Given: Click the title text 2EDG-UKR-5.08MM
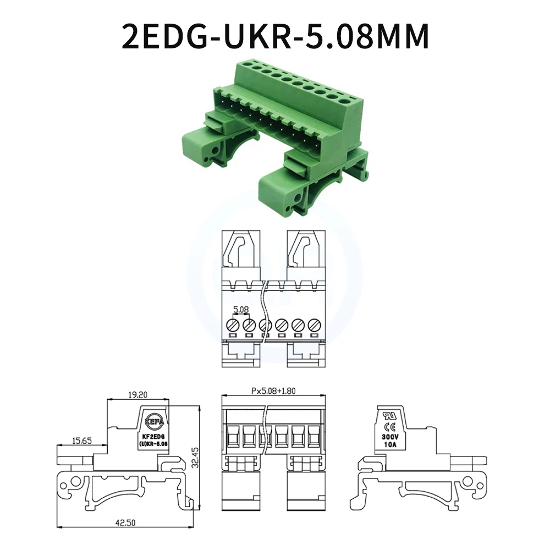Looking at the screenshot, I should click(x=275, y=37).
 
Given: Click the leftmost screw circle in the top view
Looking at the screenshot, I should click(x=233, y=324).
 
